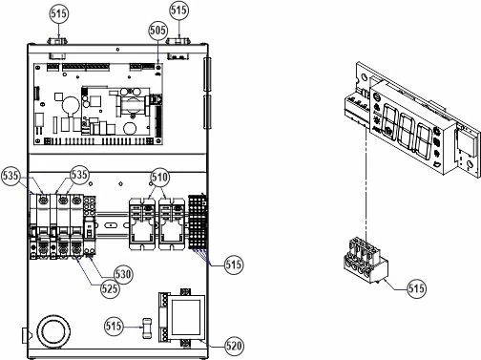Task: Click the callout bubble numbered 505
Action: point(158,31)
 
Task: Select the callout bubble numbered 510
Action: point(159,177)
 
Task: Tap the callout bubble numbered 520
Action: point(234,346)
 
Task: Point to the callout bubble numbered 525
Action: point(110,289)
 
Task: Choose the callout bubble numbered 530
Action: point(123,274)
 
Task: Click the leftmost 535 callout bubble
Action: point(10,176)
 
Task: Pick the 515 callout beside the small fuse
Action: point(114,326)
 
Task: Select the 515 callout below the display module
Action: point(417,288)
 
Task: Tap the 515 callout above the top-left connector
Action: point(59,13)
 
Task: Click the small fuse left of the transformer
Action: point(147,328)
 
